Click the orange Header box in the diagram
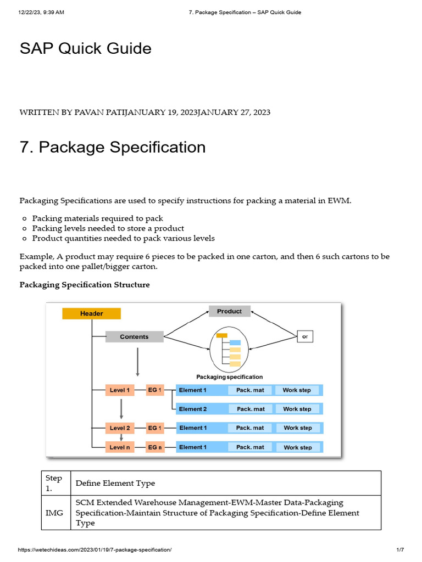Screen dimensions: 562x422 (x=91, y=313)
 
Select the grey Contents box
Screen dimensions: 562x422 (x=134, y=336)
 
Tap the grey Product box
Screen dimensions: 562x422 (x=229, y=311)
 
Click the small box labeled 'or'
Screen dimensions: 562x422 (x=305, y=336)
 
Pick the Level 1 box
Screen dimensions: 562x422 (x=120, y=390)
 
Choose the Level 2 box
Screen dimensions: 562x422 (x=120, y=428)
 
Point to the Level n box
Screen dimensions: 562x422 (x=120, y=447)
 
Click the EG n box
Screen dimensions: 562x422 (x=155, y=447)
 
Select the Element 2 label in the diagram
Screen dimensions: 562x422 (x=193, y=409)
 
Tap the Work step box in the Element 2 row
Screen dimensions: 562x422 (x=297, y=409)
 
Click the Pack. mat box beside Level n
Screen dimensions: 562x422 (x=250, y=447)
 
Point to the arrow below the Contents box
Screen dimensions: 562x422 (x=137, y=362)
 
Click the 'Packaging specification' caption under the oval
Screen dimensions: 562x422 (x=229, y=377)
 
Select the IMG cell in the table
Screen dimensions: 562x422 (x=54, y=513)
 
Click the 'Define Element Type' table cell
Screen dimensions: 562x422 (x=115, y=483)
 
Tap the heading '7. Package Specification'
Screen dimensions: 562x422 (x=113, y=147)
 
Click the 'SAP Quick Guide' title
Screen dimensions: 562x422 (x=85, y=48)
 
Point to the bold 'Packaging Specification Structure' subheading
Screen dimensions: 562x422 (x=85, y=285)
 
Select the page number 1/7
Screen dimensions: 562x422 (x=400, y=549)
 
